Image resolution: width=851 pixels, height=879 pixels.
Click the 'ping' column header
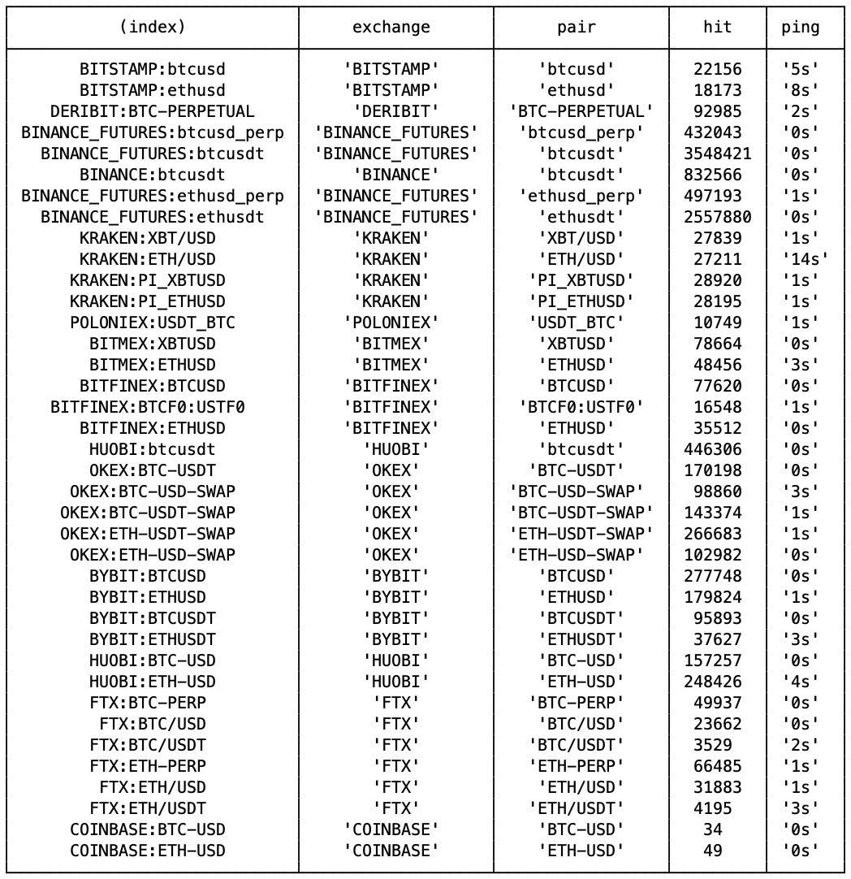click(x=800, y=27)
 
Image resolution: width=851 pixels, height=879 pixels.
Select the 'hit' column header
click(x=717, y=27)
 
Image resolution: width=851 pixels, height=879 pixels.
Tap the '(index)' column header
click(x=153, y=27)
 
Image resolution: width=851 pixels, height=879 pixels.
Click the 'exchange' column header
click(x=391, y=27)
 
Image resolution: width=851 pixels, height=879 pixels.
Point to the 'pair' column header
click(x=577, y=27)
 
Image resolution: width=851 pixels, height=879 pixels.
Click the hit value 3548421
click(x=717, y=154)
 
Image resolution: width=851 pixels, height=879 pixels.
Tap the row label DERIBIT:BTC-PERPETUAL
click(x=153, y=111)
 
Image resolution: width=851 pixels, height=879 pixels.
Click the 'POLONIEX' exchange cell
click(x=391, y=323)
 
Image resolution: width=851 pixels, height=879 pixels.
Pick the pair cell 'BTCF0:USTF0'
click(x=581, y=407)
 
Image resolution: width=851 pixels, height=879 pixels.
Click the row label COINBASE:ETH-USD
click(x=148, y=851)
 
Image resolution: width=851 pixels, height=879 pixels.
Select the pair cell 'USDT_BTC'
click(x=581, y=323)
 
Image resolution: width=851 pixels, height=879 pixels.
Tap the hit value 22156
click(x=717, y=69)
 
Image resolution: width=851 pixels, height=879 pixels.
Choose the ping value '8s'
click(x=800, y=90)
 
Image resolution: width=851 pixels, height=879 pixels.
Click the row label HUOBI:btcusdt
click(x=153, y=449)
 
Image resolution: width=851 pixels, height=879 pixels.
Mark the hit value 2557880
click(x=717, y=217)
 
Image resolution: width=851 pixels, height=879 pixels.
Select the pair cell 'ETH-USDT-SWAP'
click(x=581, y=534)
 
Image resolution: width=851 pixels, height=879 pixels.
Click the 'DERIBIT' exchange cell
click(x=391, y=111)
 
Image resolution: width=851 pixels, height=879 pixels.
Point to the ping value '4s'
click(x=800, y=682)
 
